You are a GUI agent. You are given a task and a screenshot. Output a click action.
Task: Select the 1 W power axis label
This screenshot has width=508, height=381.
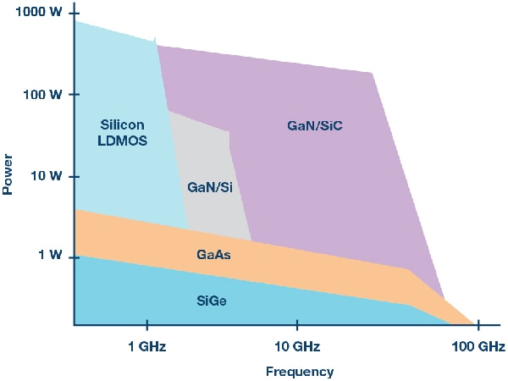(x=48, y=255)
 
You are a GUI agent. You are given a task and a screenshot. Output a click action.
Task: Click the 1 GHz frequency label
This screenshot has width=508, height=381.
(x=146, y=347)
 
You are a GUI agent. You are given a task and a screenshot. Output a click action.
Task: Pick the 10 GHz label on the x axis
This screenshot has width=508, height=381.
(x=296, y=347)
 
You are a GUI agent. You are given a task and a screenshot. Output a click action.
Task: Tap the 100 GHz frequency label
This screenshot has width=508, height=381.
(x=478, y=347)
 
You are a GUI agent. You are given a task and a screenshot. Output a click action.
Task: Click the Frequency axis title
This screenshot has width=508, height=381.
(x=300, y=371)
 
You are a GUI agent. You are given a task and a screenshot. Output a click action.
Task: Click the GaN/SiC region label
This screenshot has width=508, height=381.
(x=314, y=125)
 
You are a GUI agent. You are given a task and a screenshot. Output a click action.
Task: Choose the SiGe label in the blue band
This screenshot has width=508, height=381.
(x=212, y=301)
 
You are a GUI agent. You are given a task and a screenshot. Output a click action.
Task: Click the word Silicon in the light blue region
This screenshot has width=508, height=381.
(x=122, y=125)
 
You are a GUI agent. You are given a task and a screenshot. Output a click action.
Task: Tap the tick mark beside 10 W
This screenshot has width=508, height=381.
(x=70, y=177)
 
